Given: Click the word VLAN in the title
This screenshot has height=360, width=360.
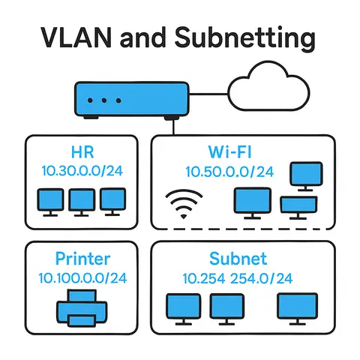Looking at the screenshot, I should coord(72,37).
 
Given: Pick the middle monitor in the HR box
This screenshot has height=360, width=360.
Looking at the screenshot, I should coord(82,200).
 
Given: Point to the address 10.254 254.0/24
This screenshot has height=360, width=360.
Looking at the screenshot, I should coord(237,278).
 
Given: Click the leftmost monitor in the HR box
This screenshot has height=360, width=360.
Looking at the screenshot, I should coord(51,200).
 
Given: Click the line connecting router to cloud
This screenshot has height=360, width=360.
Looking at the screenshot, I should coord(206,96).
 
